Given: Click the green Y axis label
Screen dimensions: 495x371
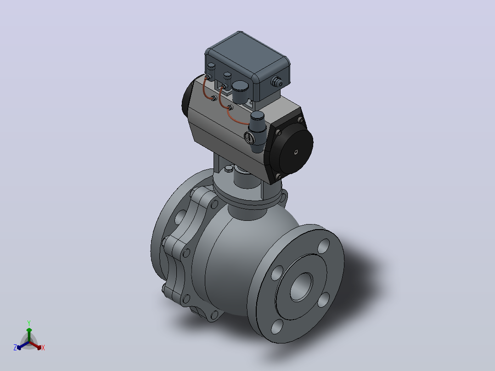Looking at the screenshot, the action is (x=29, y=323).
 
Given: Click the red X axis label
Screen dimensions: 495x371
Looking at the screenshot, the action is (x=43, y=348).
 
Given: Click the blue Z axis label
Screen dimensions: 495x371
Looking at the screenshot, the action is (x=15, y=348).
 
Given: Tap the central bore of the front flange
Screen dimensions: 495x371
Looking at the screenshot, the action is (x=301, y=287).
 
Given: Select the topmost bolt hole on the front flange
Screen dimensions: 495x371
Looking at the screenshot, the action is (x=324, y=246).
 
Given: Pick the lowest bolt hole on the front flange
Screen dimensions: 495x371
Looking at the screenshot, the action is (x=277, y=326).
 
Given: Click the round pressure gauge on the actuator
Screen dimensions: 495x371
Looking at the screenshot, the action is (x=249, y=138).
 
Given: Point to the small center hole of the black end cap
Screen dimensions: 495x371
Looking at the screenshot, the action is (x=296, y=152).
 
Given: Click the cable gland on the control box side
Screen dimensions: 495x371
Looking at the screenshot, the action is (x=277, y=82).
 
